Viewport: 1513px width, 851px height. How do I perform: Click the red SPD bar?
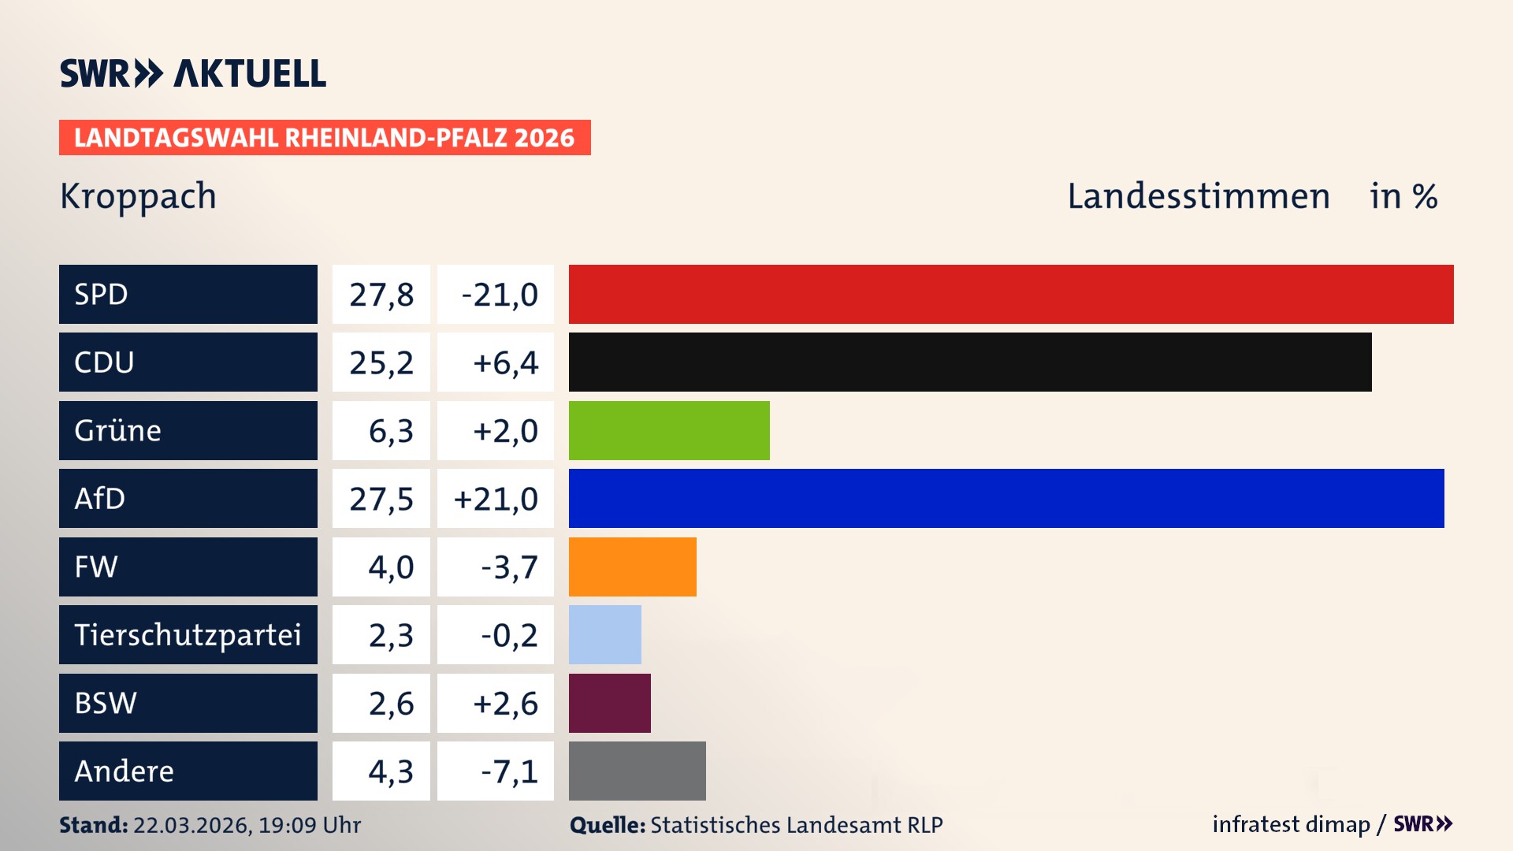coord(1011,294)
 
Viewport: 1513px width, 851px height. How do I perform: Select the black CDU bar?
coord(970,362)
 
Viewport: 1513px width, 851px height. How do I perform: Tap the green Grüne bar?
coord(669,430)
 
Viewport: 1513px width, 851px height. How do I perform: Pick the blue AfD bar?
coord(1006,498)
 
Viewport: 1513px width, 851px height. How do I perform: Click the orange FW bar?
coord(633,567)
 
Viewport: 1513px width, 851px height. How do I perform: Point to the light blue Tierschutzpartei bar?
coord(605,634)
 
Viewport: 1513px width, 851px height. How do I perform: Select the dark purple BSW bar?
coord(610,703)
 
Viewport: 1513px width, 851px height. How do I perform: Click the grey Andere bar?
coord(638,771)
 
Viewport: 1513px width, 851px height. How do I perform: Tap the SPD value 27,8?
coord(381,295)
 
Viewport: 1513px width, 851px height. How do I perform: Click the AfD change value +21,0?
coord(496,499)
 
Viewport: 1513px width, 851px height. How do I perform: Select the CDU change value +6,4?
coord(505,362)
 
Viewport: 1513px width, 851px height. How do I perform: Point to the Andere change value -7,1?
coord(509,771)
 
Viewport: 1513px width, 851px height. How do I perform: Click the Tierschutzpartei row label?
coord(188,634)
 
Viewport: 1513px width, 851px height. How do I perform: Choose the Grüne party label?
coord(118,430)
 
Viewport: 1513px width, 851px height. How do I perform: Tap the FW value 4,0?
coord(391,567)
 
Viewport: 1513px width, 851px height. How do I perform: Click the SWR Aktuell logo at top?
coord(193,73)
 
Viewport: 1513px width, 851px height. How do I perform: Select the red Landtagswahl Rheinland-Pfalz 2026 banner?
coord(325,138)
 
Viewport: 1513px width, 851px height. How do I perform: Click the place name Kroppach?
coord(138,196)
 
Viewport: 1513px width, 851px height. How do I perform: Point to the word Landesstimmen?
coord(1198,196)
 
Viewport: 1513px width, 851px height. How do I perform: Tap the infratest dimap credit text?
coord(1291,824)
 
